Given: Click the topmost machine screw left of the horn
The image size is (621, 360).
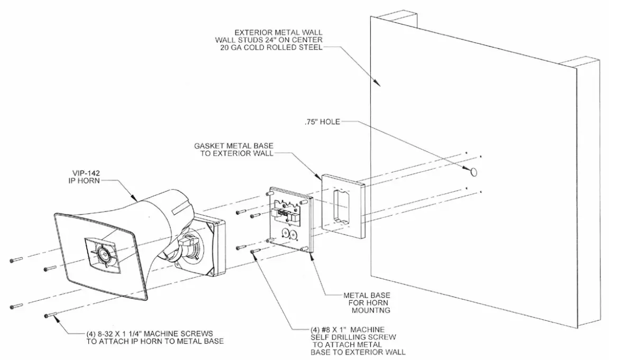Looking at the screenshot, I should pos(16,260).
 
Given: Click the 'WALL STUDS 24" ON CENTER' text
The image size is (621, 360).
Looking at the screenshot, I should pos(268,40).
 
